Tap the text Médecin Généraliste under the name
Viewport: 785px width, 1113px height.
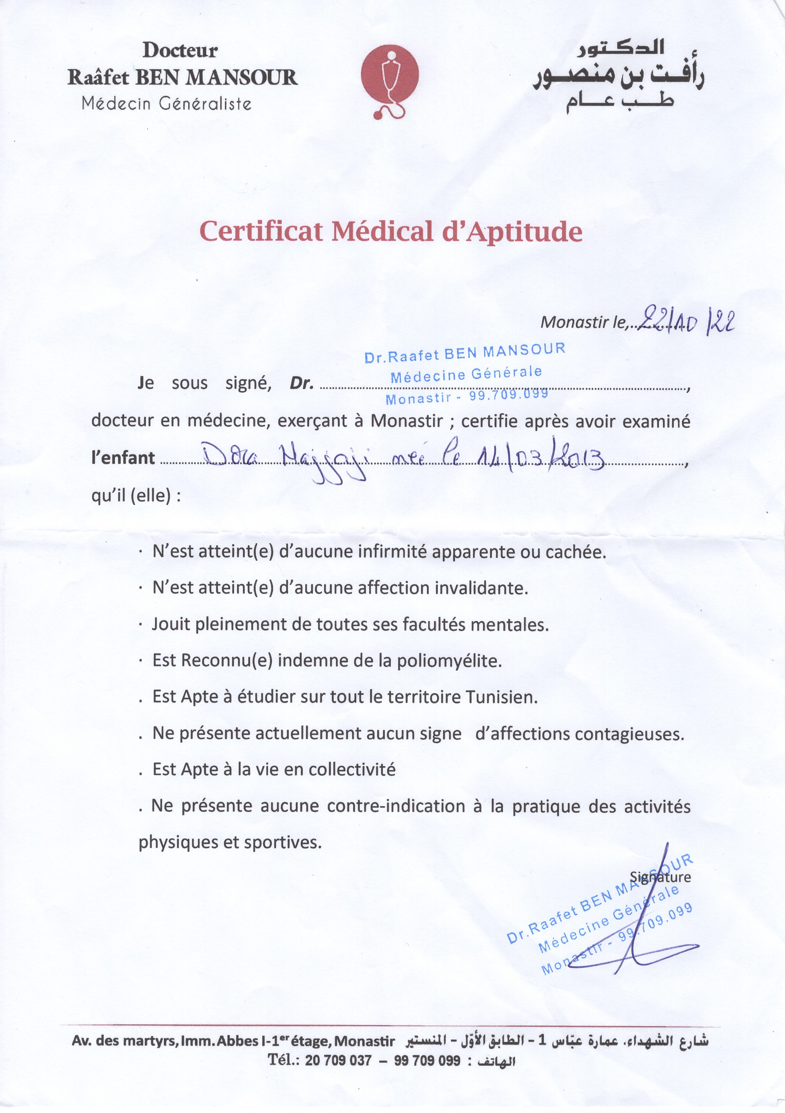click(x=167, y=103)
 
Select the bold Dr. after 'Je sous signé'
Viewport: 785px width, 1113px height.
click(x=302, y=383)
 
